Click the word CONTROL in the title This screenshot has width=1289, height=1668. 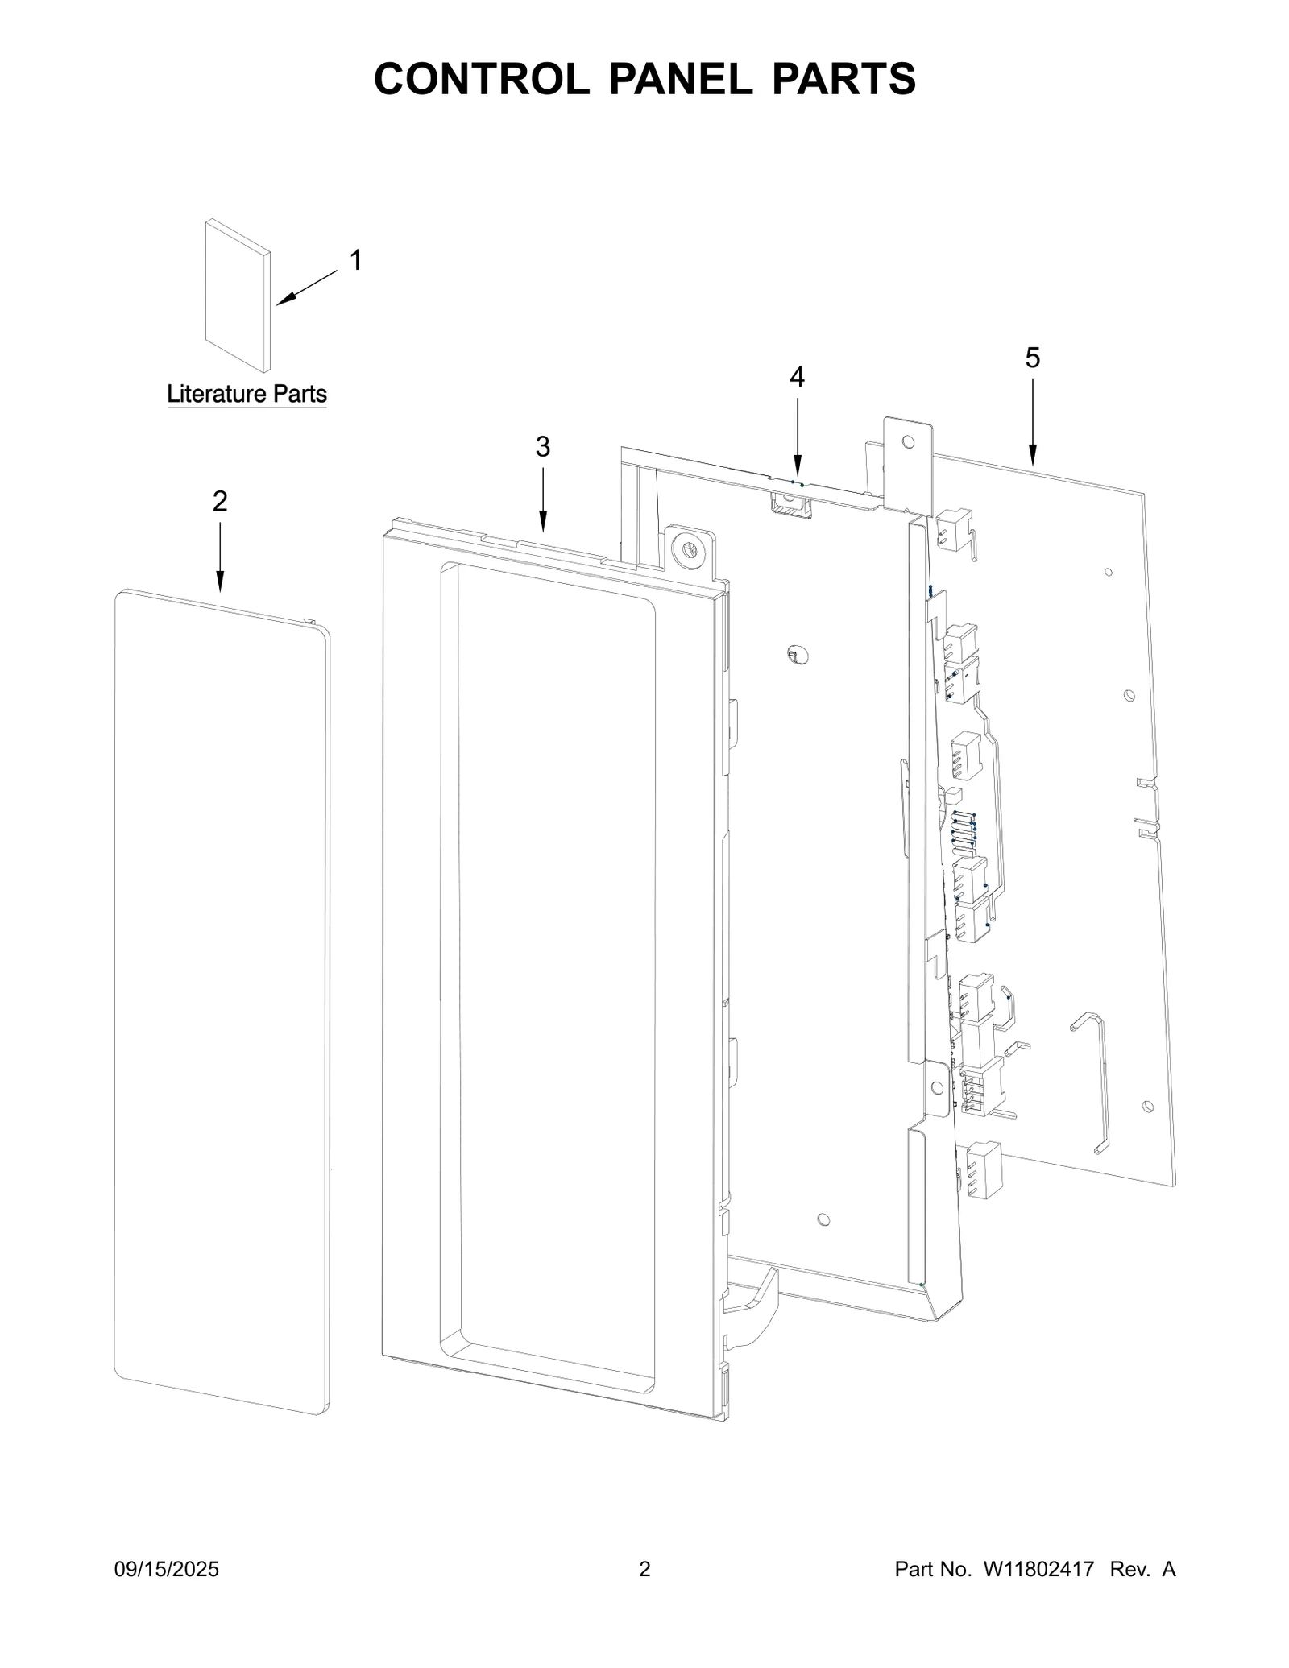tap(481, 79)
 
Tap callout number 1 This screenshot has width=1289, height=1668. tap(354, 260)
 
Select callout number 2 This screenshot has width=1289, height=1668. tap(220, 501)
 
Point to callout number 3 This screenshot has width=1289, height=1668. tap(543, 446)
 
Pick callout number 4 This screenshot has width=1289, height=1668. tap(797, 376)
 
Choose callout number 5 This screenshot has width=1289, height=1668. tap(1032, 358)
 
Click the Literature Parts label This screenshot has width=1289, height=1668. tap(247, 394)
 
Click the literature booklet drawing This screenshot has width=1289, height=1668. tap(237, 296)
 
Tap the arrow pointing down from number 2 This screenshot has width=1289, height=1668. tap(220, 556)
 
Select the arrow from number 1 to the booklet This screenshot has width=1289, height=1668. tap(307, 288)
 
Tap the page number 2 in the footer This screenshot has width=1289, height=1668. tap(644, 1569)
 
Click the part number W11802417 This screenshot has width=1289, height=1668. tap(1038, 1569)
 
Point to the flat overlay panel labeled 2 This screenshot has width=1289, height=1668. tap(222, 999)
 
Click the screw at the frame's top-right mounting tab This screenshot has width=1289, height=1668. tap(689, 549)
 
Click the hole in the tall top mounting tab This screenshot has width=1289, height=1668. tap(908, 441)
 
